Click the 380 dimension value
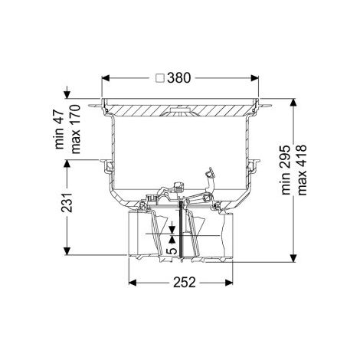(x=179, y=78)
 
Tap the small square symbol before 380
(x=160, y=78)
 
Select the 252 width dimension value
(x=185, y=282)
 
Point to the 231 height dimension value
(x=67, y=202)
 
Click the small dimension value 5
(x=172, y=251)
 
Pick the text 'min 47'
(x=60, y=129)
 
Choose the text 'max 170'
(x=76, y=129)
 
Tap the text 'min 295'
(x=286, y=170)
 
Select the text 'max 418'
(x=302, y=170)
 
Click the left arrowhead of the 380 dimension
(x=106, y=78)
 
